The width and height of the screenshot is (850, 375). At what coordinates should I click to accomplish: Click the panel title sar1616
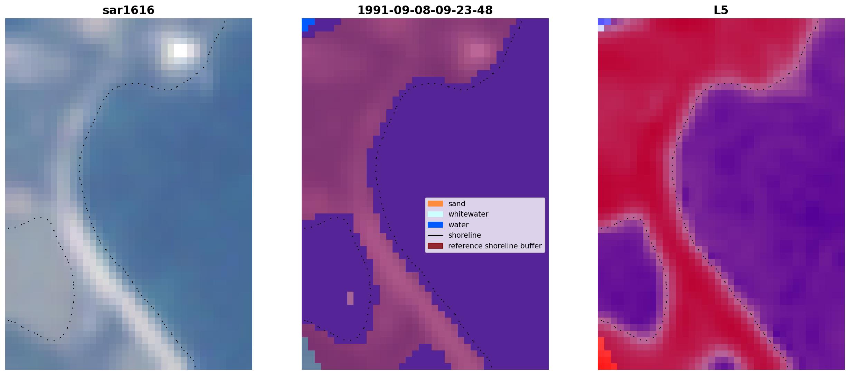[x=129, y=10]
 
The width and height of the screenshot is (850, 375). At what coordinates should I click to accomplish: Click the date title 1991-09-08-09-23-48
[x=425, y=10]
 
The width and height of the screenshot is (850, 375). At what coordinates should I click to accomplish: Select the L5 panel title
[x=721, y=10]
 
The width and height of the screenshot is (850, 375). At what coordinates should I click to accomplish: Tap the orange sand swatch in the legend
[x=435, y=204]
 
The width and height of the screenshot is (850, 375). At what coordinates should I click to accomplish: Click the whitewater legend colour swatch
[x=435, y=214]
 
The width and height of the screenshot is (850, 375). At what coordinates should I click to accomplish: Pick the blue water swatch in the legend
[x=435, y=225]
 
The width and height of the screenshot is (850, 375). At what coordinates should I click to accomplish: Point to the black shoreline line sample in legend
[x=435, y=236]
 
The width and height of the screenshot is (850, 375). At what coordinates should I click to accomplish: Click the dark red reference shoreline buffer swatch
[x=435, y=246]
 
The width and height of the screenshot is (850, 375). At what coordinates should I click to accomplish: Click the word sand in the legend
[x=457, y=204]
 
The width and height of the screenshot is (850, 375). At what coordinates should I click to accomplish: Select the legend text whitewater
[x=468, y=214]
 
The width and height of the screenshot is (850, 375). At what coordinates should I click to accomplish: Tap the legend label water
[x=459, y=225]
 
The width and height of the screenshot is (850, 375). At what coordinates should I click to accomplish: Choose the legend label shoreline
[x=465, y=235]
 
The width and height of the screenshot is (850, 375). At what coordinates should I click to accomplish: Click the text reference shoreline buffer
[x=495, y=246]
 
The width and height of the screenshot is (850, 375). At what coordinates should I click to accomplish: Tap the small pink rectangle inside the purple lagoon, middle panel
[x=350, y=298]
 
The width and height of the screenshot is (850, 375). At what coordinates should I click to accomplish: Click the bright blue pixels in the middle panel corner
[x=306, y=24]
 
